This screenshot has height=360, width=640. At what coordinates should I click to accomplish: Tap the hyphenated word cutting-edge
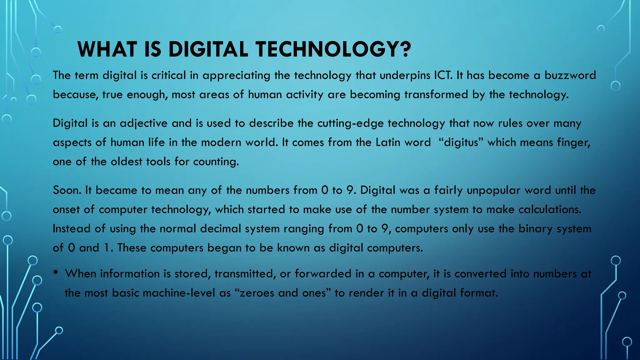coord(351,123)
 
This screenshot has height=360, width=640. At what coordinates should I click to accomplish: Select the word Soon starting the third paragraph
coord(67,190)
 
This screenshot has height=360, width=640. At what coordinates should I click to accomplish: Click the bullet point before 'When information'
coord(56,272)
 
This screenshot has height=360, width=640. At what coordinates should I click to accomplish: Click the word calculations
coord(550,209)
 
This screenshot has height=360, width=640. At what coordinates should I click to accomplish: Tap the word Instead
coord(72,229)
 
